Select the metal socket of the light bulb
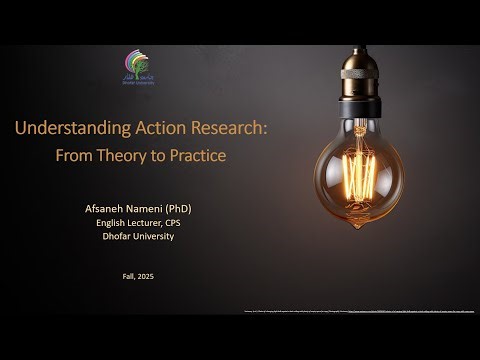pyautogui.click(x=361, y=85)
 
